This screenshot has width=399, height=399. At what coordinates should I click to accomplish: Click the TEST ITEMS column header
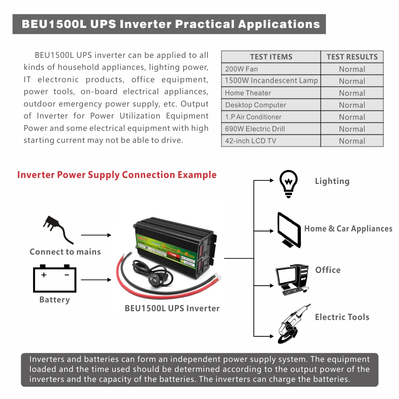click(271, 57)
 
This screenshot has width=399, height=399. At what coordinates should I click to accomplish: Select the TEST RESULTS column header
click(352, 57)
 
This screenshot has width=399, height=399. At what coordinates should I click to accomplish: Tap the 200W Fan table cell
click(241, 69)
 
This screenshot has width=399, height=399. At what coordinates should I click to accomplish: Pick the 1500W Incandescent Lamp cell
click(271, 81)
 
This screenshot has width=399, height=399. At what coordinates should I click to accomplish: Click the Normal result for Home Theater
click(352, 93)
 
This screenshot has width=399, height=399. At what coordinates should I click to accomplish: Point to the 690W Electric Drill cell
click(255, 129)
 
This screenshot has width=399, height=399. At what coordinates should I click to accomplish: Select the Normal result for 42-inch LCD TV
click(352, 141)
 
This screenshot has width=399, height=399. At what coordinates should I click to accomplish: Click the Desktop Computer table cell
click(255, 105)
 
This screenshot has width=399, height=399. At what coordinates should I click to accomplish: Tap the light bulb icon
click(288, 183)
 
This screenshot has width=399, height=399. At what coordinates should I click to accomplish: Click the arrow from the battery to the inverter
click(96, 280)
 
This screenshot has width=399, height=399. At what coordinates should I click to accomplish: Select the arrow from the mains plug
click(96, 235)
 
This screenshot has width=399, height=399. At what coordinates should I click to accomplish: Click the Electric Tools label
click(342, 317)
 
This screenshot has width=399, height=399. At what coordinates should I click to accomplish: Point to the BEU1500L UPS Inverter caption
click(172, 308)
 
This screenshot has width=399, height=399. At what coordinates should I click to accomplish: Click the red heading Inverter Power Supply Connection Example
click(117, 175)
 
